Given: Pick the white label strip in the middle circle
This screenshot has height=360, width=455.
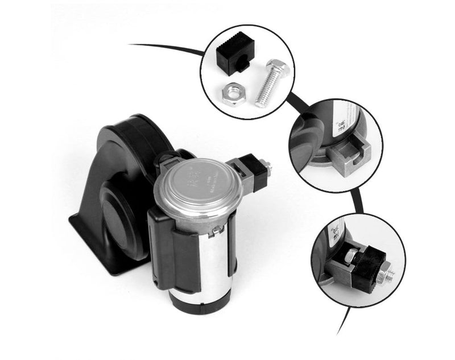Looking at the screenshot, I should click(x=344, y=123).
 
